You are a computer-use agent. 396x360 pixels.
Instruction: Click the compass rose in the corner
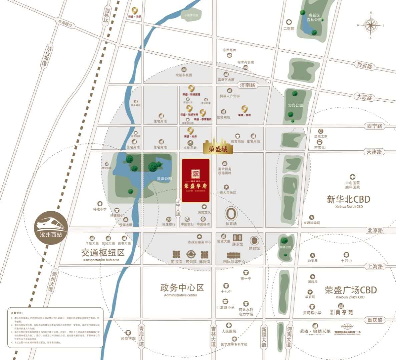[x=371, y=25]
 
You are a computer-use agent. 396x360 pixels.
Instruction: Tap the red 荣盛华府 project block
[x=195, y=180]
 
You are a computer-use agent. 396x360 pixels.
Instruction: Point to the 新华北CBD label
[x=349, y=200]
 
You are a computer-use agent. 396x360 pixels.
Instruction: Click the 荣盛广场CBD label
[x=351, y=290]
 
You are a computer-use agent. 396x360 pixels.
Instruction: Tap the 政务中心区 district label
[x=182, y=287]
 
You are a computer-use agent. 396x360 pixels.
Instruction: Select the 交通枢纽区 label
[x=103, y=252]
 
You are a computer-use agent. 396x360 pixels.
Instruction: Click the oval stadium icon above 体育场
[x=231, y=213]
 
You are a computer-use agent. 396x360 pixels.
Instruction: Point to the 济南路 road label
[x=248, y=85]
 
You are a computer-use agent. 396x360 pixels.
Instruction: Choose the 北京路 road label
[x=375, y=230]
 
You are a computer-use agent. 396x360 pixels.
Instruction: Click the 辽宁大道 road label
[x=178, y=207]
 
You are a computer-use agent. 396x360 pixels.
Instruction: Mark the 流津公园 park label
[x=164, y=179]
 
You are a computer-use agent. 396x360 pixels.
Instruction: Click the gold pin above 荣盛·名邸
[x=135, y=11]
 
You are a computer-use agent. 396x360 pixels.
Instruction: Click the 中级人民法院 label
[x=226, y=193]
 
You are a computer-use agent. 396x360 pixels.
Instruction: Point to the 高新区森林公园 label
[x=315, y=17]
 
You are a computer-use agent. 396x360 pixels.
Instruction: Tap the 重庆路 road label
[x=375, y=320]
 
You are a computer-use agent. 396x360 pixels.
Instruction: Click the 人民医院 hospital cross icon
[x=229, y=325]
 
